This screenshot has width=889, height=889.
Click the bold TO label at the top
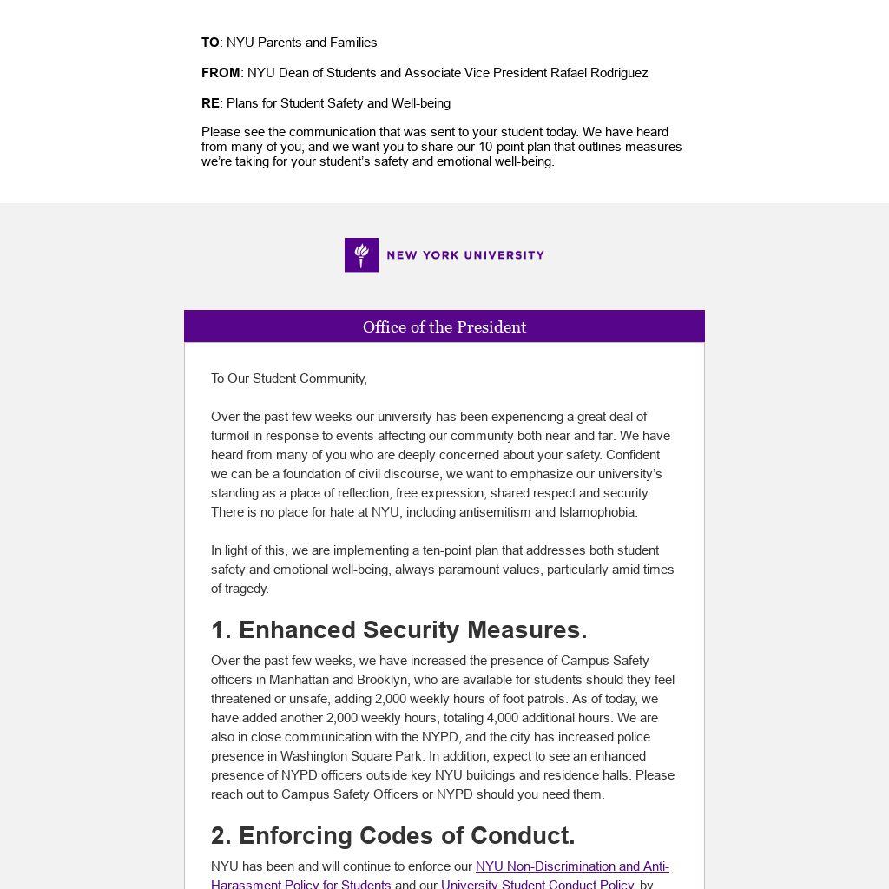210,43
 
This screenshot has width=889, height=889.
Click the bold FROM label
221,73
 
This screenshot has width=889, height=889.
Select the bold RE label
210,103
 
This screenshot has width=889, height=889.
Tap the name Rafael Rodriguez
599,73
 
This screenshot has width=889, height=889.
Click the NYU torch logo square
361,255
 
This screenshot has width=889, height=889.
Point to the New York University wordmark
465,255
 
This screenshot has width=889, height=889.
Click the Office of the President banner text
444,327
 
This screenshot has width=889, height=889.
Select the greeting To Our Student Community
289,379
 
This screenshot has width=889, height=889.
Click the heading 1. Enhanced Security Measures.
399,629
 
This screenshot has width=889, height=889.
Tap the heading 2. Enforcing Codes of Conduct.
393,835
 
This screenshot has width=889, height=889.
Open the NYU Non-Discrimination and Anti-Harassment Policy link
572,866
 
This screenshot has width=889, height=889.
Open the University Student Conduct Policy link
537,884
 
